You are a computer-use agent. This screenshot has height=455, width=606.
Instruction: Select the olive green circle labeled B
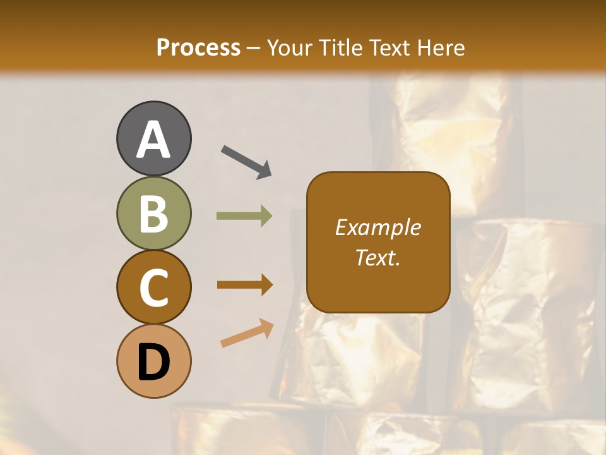(x=153, y=213)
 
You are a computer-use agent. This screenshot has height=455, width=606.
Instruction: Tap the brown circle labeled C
(x=153, y=287)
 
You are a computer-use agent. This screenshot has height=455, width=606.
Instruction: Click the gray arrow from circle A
(x=246, y=161)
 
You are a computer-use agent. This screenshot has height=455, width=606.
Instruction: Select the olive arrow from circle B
(x=244, y=216)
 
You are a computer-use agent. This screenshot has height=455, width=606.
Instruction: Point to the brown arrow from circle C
(x=244, y=284)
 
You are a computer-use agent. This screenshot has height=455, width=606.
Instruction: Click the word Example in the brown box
(x=377, y=227)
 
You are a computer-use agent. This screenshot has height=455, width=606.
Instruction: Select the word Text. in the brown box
(x=377, y=257)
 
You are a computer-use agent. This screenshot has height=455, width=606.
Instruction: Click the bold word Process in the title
(x=198, y=47)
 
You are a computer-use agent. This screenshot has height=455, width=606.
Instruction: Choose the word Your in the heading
(x=288, y=47)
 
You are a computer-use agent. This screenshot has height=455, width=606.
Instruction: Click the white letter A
(x=153, y=139)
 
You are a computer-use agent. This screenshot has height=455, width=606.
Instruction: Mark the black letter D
(x=153, y=363)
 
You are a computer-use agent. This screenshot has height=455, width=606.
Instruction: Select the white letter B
(x=153, y=213)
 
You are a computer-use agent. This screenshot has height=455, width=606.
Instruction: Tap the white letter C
(x=153, y=287)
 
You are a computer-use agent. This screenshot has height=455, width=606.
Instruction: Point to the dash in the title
(x=254, y=49)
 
